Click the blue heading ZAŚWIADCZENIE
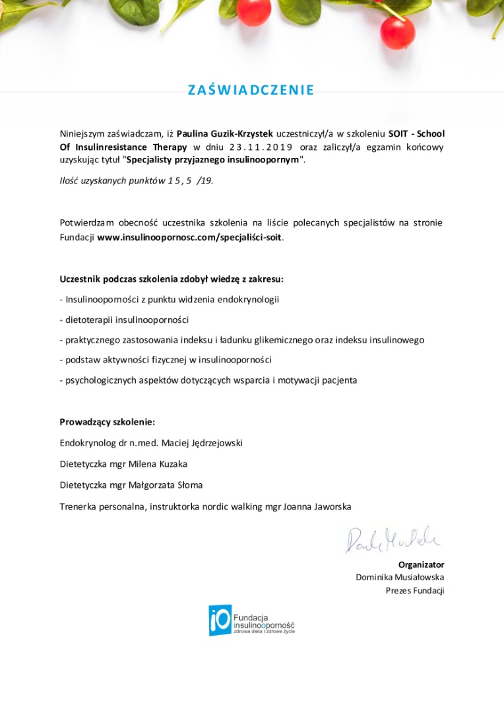(x=251, y=90)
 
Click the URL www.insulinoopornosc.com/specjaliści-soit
(x=190, y=236)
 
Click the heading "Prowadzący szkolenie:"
(x=107, y=421)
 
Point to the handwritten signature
(x=393, y=539)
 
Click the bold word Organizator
(x=421, y=564)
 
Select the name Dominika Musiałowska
(x=400, y=577)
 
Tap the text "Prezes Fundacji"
(x=415, y=590)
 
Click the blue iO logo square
(x=220, y=620)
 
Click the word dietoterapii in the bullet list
(x=89, y=320)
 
